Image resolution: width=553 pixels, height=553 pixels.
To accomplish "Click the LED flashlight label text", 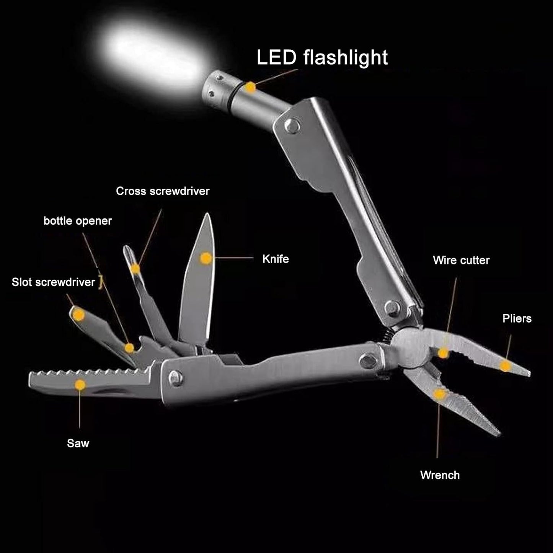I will point(322,57).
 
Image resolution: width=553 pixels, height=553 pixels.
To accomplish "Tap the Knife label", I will point(276,259).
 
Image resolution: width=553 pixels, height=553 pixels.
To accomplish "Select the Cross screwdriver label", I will point(163,191).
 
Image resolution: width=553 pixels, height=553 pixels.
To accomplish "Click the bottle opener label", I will point(78,221).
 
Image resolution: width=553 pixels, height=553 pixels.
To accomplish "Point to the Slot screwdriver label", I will point(53,282).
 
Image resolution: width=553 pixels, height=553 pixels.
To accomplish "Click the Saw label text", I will point(78,443).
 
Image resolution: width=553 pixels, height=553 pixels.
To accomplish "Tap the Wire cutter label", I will point(461,260).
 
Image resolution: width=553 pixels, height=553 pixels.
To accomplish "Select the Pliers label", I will point(517,318).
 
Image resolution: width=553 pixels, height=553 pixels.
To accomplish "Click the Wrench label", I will point(440,475).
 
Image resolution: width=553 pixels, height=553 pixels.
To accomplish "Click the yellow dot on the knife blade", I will point(206,259).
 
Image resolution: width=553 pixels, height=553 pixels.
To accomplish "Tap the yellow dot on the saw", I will point(80,385).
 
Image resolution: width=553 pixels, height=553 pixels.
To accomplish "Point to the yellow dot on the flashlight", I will point(250,88).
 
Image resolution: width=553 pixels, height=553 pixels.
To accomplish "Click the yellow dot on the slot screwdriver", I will point(78,315).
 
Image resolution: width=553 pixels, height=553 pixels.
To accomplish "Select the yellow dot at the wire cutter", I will point(443,353).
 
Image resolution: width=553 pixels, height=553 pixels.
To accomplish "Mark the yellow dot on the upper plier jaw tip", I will point(506,366).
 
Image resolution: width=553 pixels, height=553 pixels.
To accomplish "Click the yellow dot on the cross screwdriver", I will point(135,269).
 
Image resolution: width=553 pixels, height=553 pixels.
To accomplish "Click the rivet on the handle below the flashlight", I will point(292,126).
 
